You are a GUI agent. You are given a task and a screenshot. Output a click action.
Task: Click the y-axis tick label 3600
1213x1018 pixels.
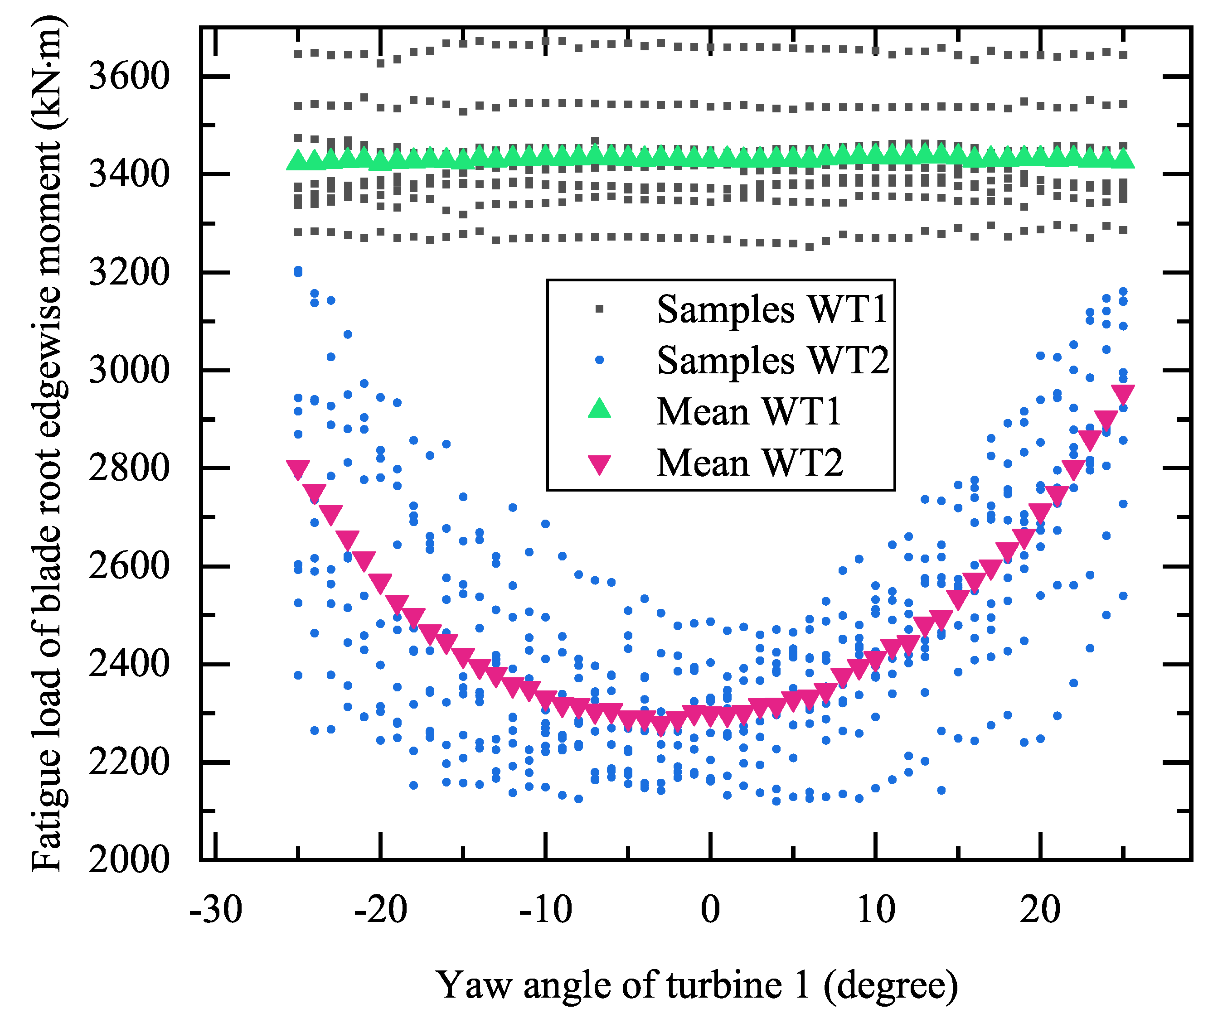129,76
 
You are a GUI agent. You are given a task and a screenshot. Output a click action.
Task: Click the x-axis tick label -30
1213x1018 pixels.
215,911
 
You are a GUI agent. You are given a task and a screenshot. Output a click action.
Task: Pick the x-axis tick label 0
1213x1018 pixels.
710,911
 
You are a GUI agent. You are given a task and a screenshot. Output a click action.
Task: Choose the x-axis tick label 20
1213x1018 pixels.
1040,911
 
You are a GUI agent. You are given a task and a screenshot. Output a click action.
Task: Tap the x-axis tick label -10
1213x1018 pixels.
545,911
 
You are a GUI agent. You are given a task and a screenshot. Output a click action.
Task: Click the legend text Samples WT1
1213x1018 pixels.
771,309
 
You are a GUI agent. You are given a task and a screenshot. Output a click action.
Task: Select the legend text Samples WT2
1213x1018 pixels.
773,361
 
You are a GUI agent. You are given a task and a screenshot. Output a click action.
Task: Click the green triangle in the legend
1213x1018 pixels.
600,409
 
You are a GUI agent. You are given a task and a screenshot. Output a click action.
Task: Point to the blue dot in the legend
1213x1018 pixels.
600,360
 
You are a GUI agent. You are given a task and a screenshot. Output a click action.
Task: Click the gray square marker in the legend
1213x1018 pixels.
600,309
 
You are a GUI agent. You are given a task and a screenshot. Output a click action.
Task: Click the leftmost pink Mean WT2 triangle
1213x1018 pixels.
298,469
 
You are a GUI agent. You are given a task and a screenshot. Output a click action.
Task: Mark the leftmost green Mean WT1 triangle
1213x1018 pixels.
298,160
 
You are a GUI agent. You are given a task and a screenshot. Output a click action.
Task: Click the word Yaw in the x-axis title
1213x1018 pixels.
474,985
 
